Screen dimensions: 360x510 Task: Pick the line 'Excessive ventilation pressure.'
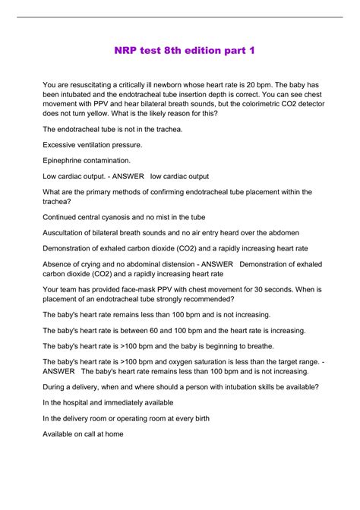92,144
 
